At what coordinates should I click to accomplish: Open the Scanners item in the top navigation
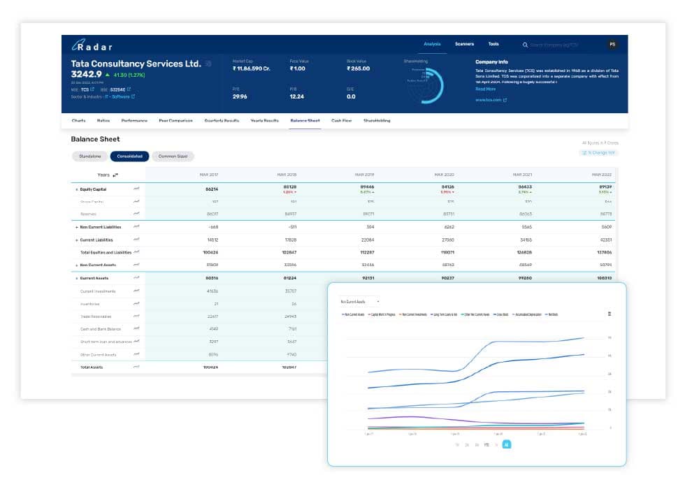pos(464,44)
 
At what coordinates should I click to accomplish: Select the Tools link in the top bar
pos(493,44)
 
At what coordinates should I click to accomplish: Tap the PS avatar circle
pos(612,45)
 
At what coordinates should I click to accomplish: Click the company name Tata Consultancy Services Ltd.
pos(136,64)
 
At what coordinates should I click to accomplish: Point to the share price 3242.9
pos(87,74)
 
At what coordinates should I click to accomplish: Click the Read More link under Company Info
pos(485,89)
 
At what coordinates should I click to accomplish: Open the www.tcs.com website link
pos(489,100)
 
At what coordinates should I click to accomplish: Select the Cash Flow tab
pos(341,121)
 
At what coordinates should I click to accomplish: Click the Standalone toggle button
pos(90,156)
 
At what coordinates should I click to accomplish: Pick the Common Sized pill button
pos(173,156)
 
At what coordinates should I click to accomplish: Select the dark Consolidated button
pos(129,156)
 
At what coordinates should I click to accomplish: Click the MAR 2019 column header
pos(364,175)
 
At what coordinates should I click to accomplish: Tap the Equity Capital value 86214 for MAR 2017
pos(211,189)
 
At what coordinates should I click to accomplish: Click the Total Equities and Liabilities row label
pos(106,252)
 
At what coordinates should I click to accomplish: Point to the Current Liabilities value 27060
pos(444,240)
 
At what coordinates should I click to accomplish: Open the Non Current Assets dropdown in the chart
pos(359,302)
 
